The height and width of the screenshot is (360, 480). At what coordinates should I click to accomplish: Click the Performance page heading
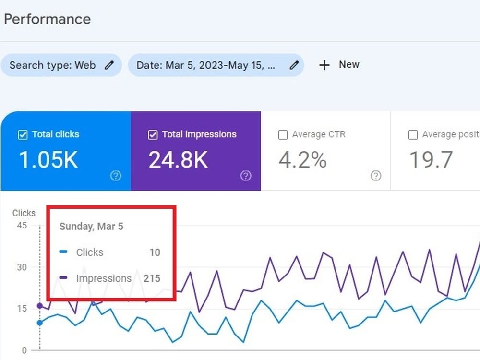pyautogui.click(x=48, y=19)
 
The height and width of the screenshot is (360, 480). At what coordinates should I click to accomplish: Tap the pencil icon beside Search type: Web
pyautogui.click(x=109, y=65)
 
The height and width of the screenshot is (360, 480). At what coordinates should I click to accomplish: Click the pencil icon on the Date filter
pyautogui.click(x=294, y=65)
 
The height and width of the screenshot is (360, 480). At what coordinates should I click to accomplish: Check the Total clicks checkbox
pyautogui.click(x=23, y=135)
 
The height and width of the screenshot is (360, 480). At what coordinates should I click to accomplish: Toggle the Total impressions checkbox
pyautogui.click(x=153, y=135)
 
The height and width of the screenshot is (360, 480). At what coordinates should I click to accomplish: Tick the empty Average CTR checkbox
pyautogui.click(x=283, y=135)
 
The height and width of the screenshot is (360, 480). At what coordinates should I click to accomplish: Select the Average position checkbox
pyautogui.click(x=413, y=135)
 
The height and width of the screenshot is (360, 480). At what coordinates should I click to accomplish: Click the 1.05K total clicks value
pyautogui.click(x=48, y=160)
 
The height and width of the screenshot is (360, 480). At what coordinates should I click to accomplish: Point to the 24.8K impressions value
pyautogui.click(x=178, y=160)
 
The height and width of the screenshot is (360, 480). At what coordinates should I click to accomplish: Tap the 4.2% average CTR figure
pyautogui.click(x=302, y=160)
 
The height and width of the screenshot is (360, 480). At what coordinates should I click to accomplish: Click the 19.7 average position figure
pyautogui.click(x=431, y=160)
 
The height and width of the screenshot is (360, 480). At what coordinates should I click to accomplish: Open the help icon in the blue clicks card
pyautogui.click(x=116, y=176)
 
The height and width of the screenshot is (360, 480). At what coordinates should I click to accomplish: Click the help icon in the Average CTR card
pyautogui.click(x=376, y=176)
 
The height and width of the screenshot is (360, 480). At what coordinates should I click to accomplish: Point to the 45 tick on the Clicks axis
pyautogui.click(x=22, y=226)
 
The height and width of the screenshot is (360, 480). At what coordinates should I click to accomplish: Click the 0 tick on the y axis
pyautogui.click(x=24, y=350)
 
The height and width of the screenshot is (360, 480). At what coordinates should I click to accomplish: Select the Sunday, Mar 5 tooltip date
pyautogui.click(x=91, y=226)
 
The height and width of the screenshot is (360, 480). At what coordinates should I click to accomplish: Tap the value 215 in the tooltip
pyautogui.click(x=152, y=278)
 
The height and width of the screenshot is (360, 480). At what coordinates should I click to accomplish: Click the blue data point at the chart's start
pyautogui.click(x=40, y=323)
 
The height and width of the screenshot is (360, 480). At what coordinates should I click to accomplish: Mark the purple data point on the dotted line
pyautogui.click(x=40, y=305)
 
